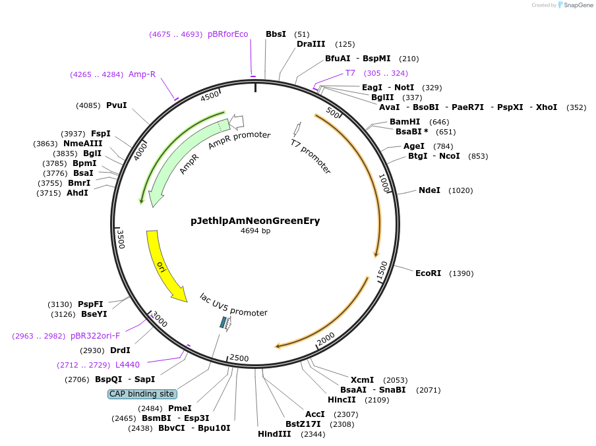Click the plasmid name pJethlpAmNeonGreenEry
pos(255,221)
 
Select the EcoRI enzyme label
pos(428,273)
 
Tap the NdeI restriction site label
pos(429,190)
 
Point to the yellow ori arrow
pos(163,264)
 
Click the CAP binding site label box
pos(142,394)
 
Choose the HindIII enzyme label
pos(273,434)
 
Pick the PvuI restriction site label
pos(117,105)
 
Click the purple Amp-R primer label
pos(142,74)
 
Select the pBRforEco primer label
pos(228,34)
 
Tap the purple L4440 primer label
pos(127,364)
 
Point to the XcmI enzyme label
pos(362,380)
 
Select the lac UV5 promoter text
pos(233,305)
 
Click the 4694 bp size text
pos(255,231)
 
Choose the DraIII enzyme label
pos(311,44)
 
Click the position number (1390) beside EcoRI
pos(461,273)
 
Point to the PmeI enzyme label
pos(180,408)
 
